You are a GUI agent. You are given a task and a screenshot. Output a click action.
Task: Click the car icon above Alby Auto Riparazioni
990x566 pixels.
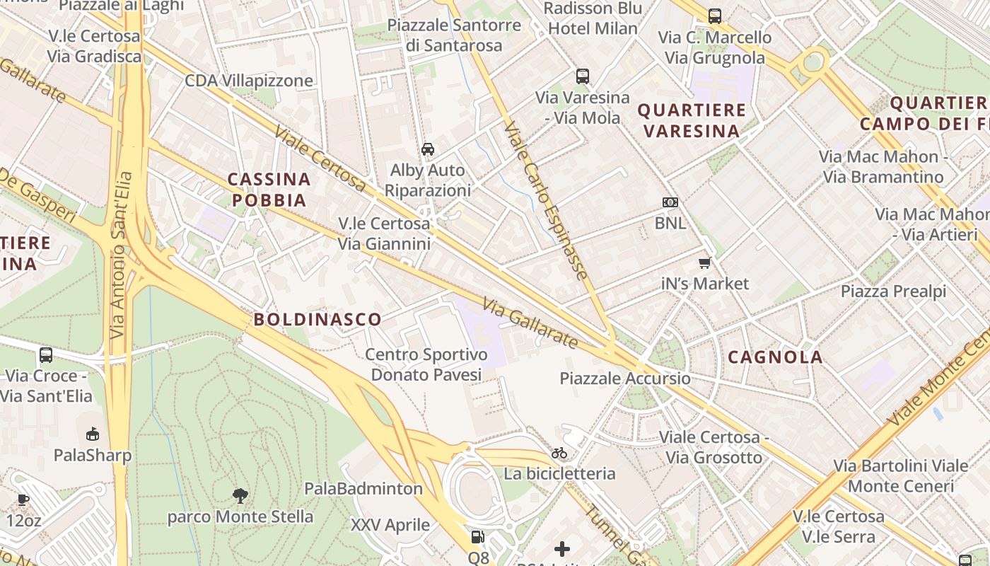428,149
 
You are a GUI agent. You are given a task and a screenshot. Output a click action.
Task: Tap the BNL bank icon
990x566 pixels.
670,202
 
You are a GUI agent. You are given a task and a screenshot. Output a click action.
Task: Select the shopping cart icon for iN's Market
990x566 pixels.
704,263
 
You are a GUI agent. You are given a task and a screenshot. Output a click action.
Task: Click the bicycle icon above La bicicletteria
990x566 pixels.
559,453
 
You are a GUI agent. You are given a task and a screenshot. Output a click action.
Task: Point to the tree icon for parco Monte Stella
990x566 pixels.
240,495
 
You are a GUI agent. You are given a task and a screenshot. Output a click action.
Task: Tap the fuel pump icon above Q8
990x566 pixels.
478,537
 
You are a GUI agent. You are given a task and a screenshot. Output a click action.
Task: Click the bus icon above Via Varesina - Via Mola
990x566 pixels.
583,76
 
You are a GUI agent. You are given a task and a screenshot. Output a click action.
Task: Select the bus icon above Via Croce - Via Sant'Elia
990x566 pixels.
46,355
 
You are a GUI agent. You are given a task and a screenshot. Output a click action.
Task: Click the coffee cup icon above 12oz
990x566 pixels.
23,500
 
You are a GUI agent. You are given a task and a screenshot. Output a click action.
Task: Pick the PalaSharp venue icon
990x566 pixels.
93,434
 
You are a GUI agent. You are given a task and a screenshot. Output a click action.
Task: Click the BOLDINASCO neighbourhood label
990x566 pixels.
318,320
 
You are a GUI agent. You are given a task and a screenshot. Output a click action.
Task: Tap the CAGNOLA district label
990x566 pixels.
775,357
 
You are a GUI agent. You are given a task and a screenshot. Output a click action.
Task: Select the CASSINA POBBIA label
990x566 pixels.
269,190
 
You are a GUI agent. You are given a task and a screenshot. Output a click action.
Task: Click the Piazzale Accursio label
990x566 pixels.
625,379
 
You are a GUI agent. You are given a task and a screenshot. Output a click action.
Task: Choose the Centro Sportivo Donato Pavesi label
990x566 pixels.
426,364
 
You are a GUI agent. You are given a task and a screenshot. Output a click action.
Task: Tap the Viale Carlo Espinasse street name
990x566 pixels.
546,200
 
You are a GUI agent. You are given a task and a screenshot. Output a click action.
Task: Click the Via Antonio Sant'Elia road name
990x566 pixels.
122,255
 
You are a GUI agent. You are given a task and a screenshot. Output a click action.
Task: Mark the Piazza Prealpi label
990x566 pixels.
893,291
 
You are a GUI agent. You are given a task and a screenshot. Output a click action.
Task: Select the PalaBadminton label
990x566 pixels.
363,488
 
